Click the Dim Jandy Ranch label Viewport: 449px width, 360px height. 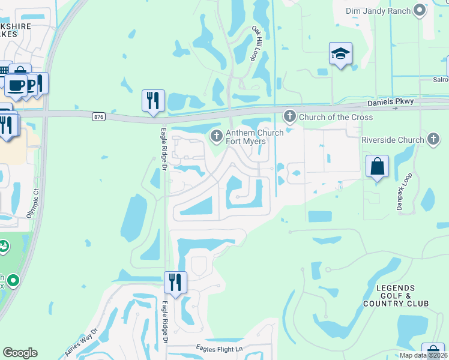point(379,11)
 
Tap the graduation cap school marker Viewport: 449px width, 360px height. point(340,55)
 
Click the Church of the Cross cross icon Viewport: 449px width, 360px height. point(290,116)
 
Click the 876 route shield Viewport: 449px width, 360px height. point(98,116)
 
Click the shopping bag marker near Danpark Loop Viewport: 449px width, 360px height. point(377,166)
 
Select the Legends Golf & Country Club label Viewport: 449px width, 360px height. point(396,296)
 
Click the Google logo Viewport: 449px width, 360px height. point(20,353)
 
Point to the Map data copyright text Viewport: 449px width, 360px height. point(424,355)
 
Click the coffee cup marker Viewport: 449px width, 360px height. point(16,85)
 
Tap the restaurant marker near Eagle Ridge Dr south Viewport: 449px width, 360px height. point(175,282)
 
